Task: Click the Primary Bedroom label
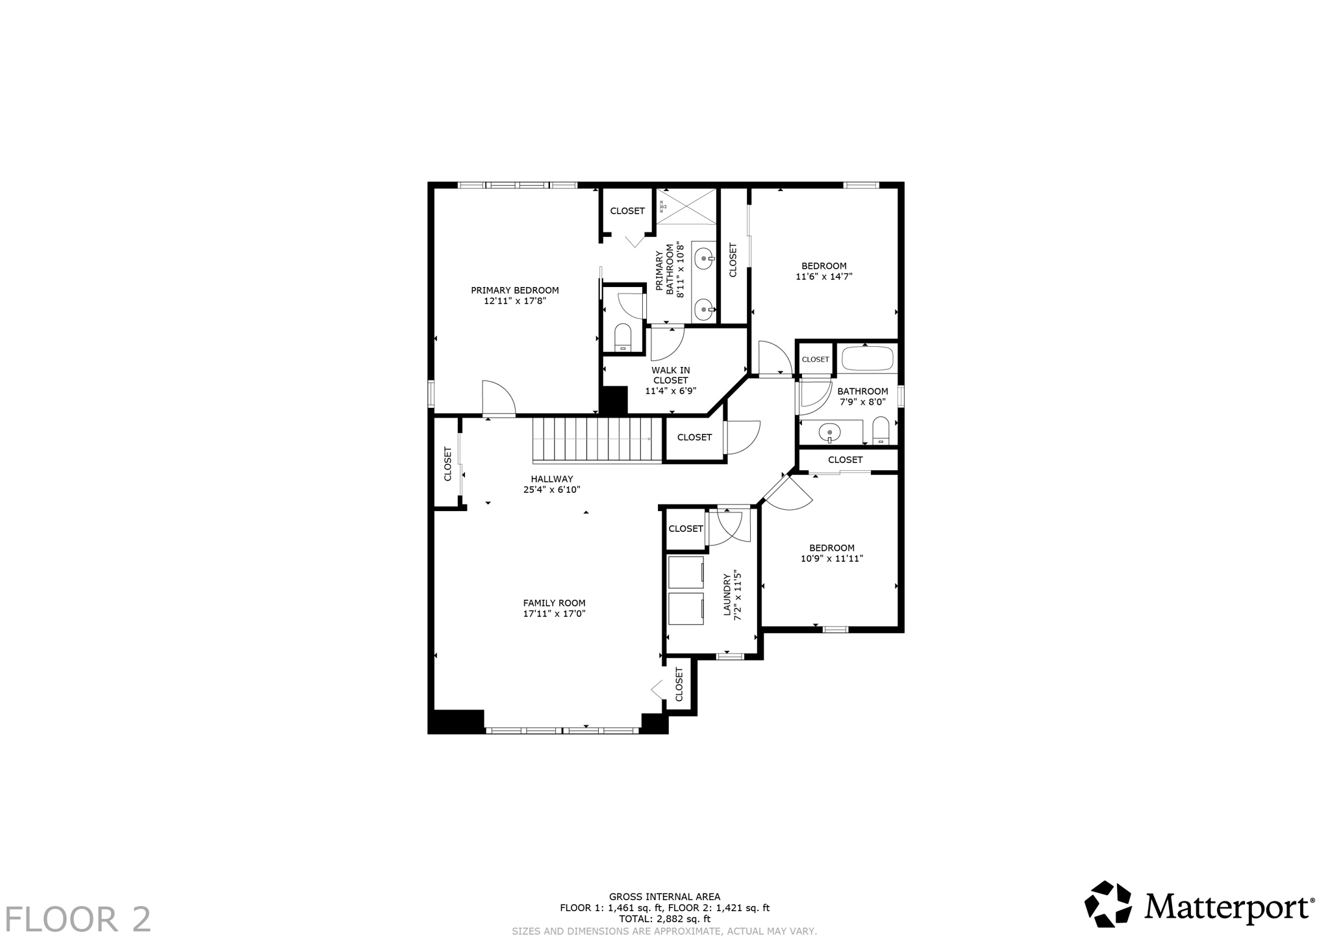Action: pos(514,290)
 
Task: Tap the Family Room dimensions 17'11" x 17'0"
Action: pos(554,613)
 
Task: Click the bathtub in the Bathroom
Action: pos(867,358)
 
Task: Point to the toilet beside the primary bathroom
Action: pos(623,337)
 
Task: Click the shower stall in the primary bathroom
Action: pos(686,207)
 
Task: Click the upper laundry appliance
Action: pos(686,572)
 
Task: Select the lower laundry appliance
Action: pos(686,609)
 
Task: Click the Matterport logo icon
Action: pos(1108,904)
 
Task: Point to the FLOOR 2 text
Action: pos(77,920)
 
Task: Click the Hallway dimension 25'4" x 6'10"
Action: pos(551,490)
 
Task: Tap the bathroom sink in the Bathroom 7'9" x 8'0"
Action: pos(830,431)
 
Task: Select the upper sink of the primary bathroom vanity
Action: pos(704,259)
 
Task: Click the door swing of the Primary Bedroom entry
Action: pos(498,397)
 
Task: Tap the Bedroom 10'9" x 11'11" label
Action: pos(831,548)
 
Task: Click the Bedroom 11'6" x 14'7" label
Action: pos(823,266)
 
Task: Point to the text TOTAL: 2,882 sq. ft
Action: pos(664,919)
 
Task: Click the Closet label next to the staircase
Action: pos(694,438)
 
